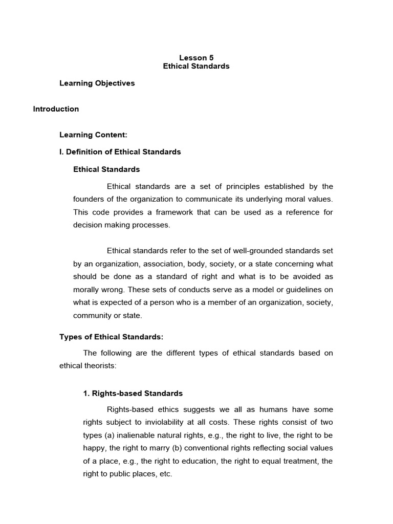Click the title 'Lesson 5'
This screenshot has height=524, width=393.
(x=196, y=58)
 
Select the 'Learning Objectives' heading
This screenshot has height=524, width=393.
(x=97, y=83)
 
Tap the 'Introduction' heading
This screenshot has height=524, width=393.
(x=56, y=109)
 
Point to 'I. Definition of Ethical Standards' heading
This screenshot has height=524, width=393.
(x=120, y=152)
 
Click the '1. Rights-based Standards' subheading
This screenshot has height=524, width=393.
(x=133, y=394)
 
